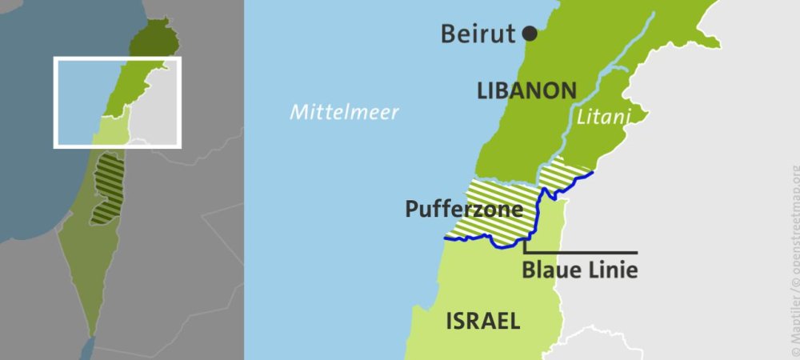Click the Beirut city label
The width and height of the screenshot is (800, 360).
tap(478, 34)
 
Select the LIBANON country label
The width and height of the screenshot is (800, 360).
tap(526, 90)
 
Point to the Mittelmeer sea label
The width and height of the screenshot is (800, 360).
tap(344, 112)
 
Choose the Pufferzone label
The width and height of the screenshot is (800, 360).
tap(464, 210)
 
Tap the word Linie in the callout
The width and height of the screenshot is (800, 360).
tap(614, 270)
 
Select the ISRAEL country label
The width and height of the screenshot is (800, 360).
tap(482, 322)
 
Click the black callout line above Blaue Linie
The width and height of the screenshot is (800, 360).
tap(592, 252)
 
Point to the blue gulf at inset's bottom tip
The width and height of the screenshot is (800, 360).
tap(87, 349)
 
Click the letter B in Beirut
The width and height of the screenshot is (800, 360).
tap(449, 34)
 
